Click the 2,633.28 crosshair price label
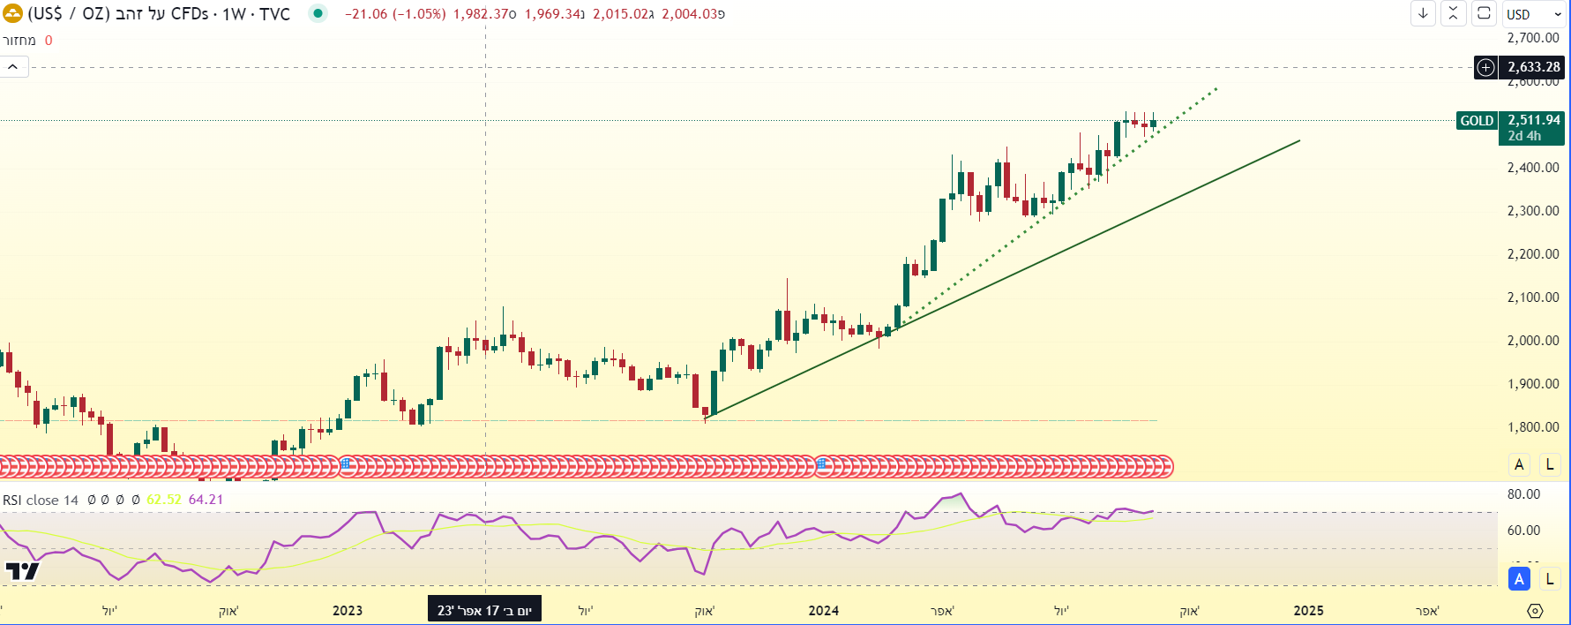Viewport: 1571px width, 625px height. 1533,67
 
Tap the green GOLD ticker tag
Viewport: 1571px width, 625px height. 1477,121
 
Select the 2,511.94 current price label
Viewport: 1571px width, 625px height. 1533,120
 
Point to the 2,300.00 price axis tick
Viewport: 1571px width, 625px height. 1533,211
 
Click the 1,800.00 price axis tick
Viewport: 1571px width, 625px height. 1533,427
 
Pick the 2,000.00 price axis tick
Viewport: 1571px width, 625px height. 1533,341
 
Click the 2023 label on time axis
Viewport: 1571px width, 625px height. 348,611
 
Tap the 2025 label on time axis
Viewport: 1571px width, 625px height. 1308,611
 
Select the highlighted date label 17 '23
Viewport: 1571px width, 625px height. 484,611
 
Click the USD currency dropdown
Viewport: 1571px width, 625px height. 1534,14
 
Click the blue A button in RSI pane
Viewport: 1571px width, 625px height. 1519,579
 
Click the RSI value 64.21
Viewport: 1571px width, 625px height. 206,500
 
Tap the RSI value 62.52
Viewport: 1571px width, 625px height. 164,500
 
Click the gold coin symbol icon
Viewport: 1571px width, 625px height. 12,14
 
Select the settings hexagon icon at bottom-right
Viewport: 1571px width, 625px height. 1535,611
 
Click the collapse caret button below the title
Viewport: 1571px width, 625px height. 13,67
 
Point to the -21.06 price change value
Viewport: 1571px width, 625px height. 365,14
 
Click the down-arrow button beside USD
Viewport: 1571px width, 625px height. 1423,13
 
